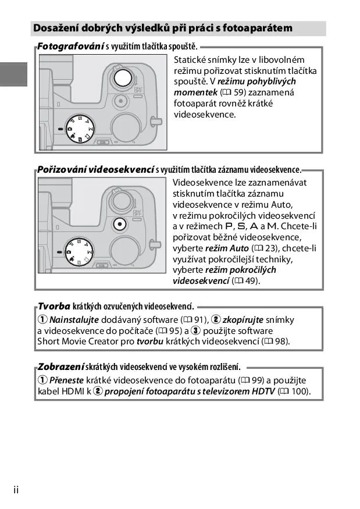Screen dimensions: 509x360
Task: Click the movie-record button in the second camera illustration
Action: pos(119,222)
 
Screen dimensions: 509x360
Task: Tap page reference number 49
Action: pos(251,281)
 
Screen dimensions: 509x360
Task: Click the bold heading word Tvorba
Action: pos(54,306)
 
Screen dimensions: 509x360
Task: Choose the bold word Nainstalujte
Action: pos(74,320)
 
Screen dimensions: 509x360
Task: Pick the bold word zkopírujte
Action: pos(243,320)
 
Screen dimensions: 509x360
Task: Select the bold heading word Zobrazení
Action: pos(60,366)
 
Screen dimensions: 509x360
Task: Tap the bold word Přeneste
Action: pos(67,380)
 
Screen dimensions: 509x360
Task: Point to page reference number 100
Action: pos(298,391)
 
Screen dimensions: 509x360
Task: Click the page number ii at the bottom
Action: pos(16,490)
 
